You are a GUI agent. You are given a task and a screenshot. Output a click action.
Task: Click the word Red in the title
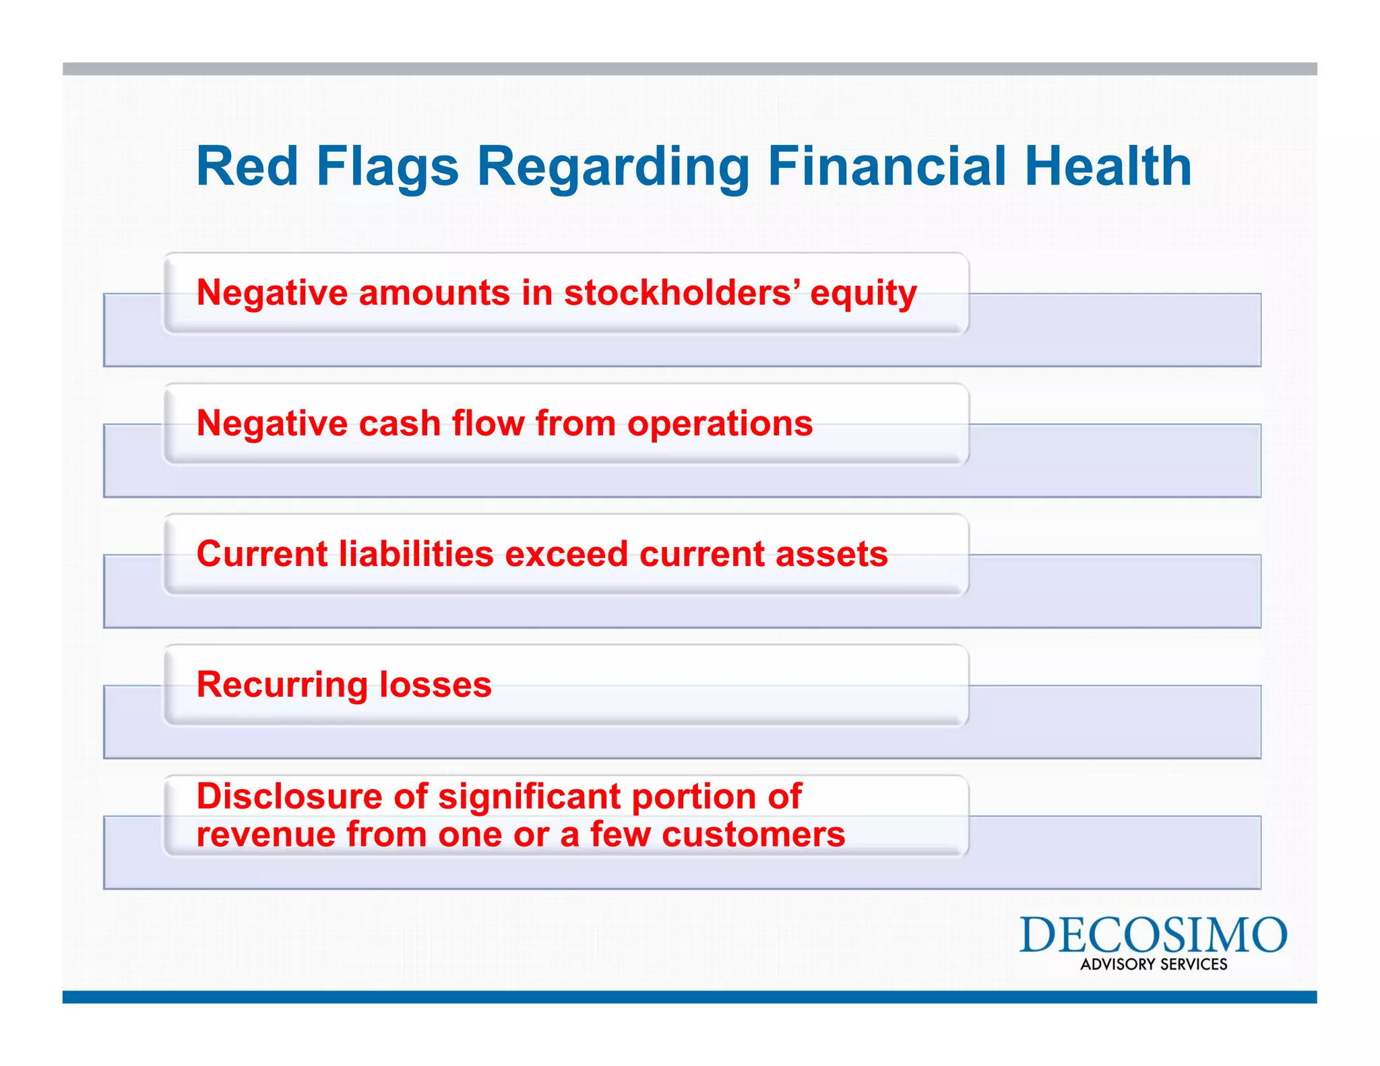247,166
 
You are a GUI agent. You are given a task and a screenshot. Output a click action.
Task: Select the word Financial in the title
887,166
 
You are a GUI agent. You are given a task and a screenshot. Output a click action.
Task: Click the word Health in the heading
1108,166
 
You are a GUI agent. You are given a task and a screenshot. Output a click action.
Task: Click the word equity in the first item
863,294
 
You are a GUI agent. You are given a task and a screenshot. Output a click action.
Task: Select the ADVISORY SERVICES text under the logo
1154,964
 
